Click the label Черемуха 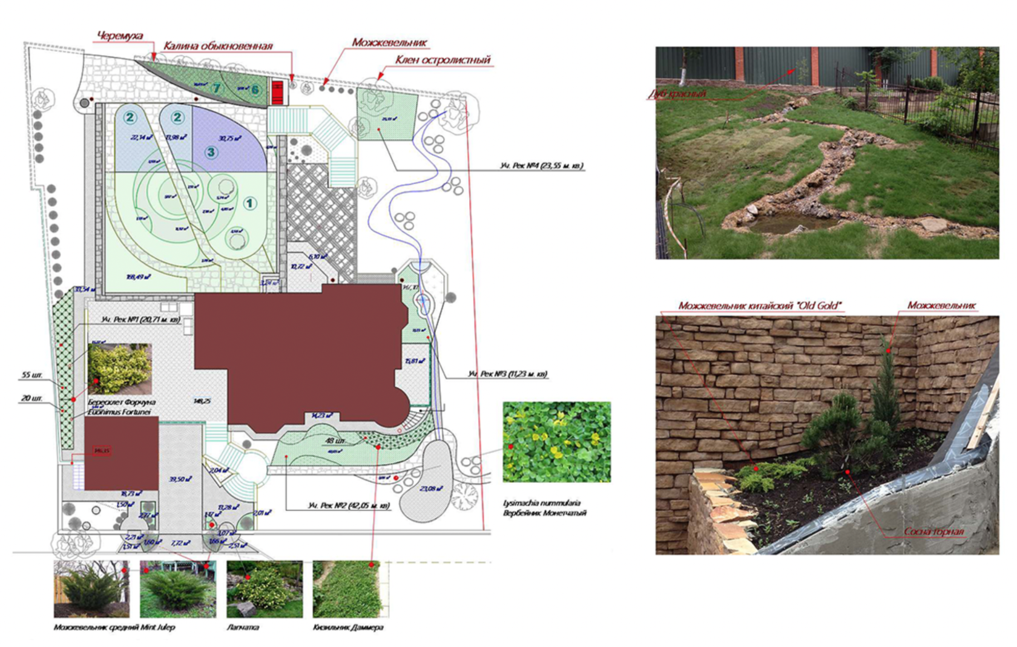click(x=120, y=36)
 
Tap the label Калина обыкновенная click(x=218, y=46)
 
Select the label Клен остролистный click(x=443, y=60)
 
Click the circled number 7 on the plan click(x=216, y=88)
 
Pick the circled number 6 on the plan click(x=255, y=90)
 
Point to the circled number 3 click(x=211, y=152)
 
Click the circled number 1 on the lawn click(x=250, y=204)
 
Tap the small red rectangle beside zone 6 click(x=278, y=93)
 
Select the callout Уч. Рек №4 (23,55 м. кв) click(x=541, y=165)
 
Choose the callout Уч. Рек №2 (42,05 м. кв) click(x=349, y=506)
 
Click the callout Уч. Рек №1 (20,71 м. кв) click(x=140, y=320)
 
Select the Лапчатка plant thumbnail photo click(x=265, y=589)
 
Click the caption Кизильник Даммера click(x=348, y=628)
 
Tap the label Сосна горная click(x=933, y=532)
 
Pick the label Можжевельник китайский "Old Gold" click(x=760, y=306)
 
